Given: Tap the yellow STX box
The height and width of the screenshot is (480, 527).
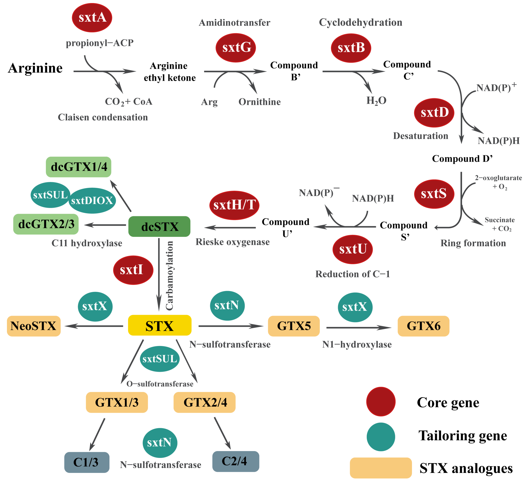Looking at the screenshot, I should click(x=159, y=325).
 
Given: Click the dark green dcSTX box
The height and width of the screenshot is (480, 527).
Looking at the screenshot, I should click(x=159, y=226).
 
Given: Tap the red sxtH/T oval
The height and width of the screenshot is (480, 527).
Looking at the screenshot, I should click(x=234, y=205).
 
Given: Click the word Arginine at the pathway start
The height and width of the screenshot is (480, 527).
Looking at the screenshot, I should click(x=35, y=68).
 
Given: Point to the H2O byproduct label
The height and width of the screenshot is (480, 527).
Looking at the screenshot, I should click(x=376, y=101).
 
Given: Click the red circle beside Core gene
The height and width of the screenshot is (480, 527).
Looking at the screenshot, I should click(x=381, y=401).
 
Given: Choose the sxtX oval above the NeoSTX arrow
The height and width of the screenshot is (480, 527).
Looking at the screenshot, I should click(x=95, y=306).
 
